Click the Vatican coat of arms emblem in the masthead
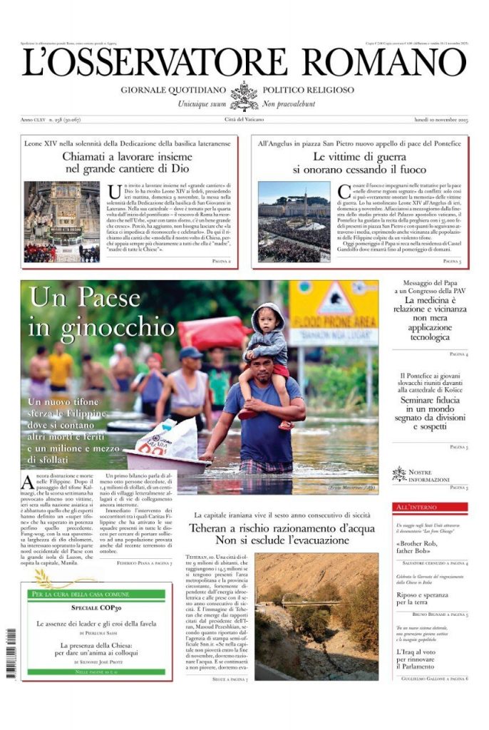click(x=244, y=96)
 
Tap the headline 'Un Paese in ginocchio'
click(x=101, y=312)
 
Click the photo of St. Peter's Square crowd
click(x=294, y=222)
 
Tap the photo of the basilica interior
click(x=61, y=222)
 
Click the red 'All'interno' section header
click(x=430, y=507)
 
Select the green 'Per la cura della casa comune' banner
click(x=98, y=593)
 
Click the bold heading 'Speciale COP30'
click(x=98, y=608)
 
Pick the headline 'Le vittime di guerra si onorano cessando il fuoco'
click(x=359, y=162)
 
